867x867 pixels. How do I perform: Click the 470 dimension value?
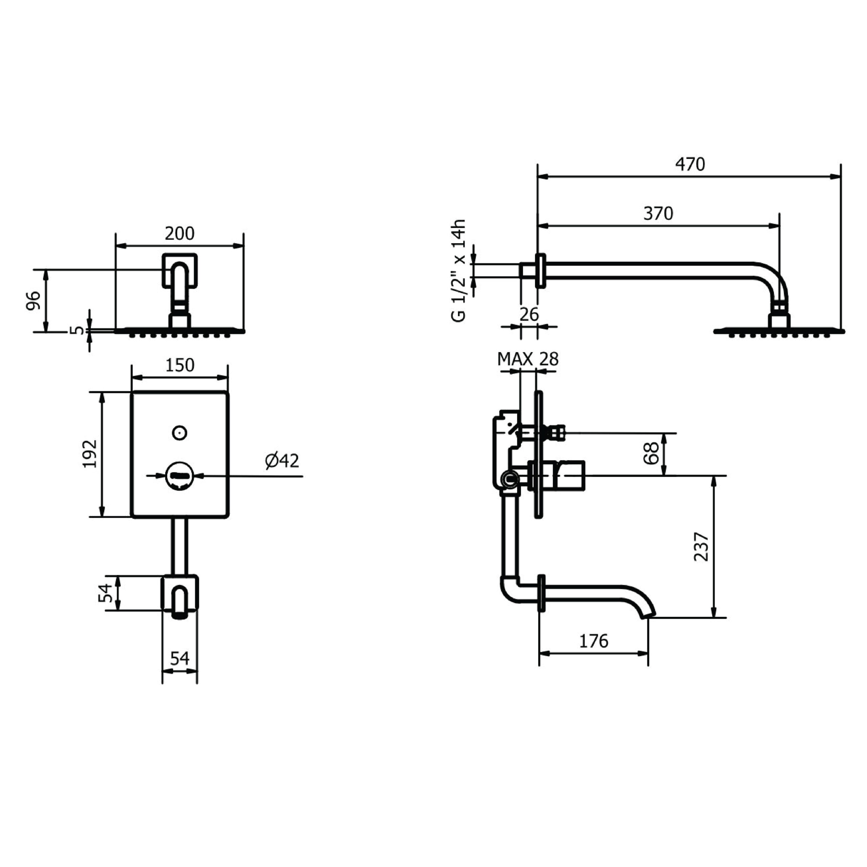point(690,164)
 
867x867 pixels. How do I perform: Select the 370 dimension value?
point(658,214)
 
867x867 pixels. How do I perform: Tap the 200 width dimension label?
point(179,234)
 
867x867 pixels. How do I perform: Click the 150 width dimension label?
point(180,365)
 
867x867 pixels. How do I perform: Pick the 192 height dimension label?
point(90,454)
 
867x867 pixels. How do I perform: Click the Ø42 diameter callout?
point(282,461)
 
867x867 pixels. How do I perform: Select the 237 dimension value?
point(701,547)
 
